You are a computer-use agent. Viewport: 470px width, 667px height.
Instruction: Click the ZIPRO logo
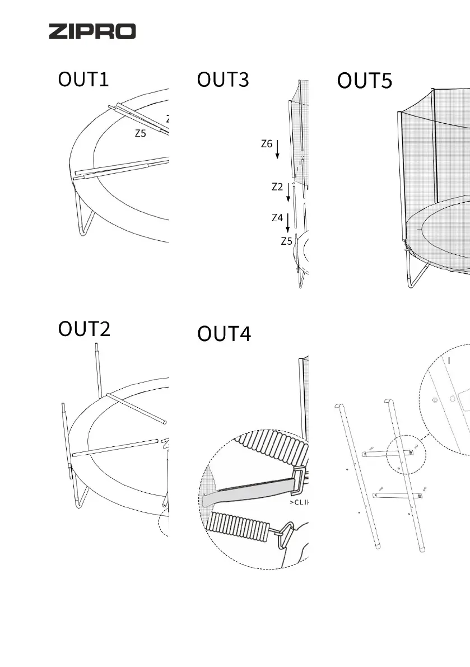[x=92, y=31]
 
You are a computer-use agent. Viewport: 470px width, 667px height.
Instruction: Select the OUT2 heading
[x=85, y=329]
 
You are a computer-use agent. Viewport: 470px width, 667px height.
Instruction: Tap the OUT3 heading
[x=222, y=80]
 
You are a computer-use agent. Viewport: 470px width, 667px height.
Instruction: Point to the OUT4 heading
[x=224, y=334]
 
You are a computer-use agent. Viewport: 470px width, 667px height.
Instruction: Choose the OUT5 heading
[x=364, y=81]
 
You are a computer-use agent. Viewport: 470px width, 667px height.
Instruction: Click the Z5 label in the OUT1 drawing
[x=140, y=134]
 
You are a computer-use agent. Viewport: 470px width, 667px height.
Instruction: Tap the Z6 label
[x=267, y=144]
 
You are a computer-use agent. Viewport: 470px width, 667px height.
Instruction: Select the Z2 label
[x=277, y=187]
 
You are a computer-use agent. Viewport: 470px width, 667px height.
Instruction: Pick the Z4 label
[x=277, y=218]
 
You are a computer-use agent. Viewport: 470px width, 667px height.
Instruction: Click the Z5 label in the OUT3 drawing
[x=287, y=241]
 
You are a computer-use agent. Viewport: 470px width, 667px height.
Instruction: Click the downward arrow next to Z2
[x=288, y=192]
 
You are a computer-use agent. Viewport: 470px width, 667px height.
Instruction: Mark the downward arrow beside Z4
[x=288, y=222]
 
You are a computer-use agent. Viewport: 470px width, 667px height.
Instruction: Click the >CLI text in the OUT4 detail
[x=299, y=502]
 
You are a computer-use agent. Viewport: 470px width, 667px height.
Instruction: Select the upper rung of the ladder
[x=392, y=453]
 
